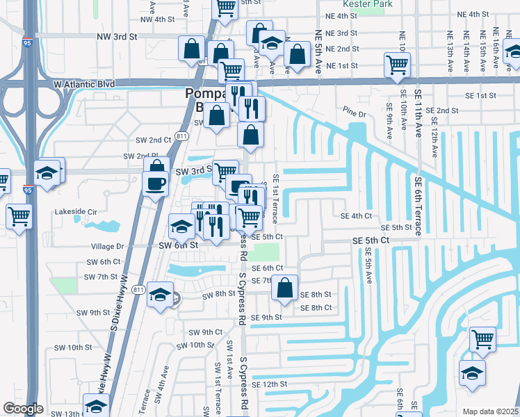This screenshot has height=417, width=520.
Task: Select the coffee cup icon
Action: pos(154,183)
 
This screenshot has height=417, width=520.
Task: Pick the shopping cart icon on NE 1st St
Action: pos(396,65)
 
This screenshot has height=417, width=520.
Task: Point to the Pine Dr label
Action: pos(353,113)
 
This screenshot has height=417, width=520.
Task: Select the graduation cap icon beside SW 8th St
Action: pos(160,296)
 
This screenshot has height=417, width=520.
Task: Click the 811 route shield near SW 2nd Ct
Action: pos(181,136)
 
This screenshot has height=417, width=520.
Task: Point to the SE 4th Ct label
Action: pos(357,216)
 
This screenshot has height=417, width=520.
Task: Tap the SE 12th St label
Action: pos(269,384)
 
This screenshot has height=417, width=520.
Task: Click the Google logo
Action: pos(23,409)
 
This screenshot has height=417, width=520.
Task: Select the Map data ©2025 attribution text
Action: pos(490,411)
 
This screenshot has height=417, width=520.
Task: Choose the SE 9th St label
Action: pos(266,318)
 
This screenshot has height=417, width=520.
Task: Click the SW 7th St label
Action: pos(101,277)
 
